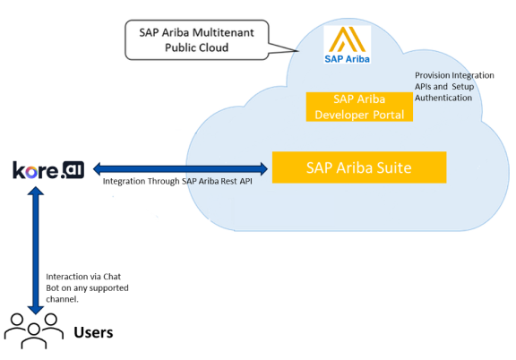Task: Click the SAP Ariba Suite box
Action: click(359, 167)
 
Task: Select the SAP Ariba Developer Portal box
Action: click(359, 107)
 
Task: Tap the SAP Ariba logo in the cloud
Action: click(348, 45)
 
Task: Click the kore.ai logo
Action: click(48, 170)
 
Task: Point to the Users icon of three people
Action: click(33, 330)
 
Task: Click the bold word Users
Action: click(93, 332)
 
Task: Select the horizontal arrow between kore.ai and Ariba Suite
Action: click(180, 169)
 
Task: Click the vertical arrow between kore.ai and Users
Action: click(36, 251)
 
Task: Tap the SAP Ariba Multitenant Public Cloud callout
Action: click(196, 39)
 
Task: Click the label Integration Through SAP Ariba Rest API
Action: click(177, 181)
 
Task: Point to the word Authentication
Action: click(443, 98)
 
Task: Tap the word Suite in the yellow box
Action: click(394, 167)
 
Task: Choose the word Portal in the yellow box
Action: click(388, 115)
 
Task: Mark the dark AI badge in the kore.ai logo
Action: click(73, 169)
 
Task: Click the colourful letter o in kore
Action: click(31, 173)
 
